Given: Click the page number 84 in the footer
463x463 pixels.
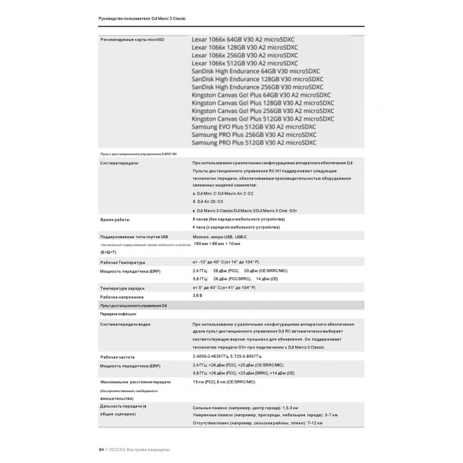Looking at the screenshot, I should click(x=101, y=449).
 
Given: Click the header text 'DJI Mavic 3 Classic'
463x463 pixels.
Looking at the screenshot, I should click(x=169, y=18).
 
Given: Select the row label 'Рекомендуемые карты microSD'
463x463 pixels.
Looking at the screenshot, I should click(x=132, y=40).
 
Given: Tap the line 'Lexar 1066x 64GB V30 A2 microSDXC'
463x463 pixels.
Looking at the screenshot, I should click(x=244, y=39).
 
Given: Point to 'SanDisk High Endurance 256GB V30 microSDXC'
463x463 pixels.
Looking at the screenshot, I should click(x=257, y=87).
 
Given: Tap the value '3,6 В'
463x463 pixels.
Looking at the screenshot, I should click(x=197, y=295).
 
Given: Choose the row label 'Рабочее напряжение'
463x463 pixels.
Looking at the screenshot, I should click(x=122, y=297).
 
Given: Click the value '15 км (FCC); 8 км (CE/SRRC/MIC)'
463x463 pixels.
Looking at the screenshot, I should click(x=224, y=382).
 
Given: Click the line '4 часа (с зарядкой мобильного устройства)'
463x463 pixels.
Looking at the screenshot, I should click(x=236, y=227).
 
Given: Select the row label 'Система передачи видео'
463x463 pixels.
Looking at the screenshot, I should click(x=125, y=324).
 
